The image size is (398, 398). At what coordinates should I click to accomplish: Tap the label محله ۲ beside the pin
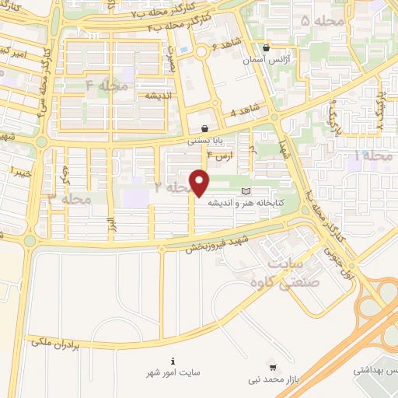pos(173,187)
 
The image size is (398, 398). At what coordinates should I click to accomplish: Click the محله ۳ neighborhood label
pos(70,200)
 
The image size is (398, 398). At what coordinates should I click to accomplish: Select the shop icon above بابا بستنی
pos(204,130)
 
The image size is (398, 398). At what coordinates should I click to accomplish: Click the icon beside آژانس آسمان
pos(267,47)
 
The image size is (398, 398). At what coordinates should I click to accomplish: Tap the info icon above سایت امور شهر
pos(173,361)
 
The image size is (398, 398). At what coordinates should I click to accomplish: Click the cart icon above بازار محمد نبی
pos(272,365)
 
